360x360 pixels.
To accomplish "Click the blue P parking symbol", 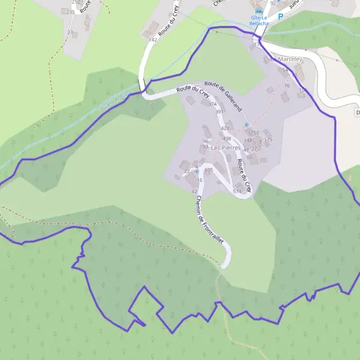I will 280,17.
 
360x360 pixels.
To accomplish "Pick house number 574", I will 237,191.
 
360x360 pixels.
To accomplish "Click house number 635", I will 209,170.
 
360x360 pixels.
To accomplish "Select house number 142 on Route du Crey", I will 152,40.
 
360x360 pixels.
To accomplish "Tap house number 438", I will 227,139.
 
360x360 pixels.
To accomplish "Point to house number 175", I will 268,139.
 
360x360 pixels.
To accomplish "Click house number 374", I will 212,104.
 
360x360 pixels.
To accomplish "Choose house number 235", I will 71,12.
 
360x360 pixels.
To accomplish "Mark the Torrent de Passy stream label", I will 115,97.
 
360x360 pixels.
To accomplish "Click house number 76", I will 287,86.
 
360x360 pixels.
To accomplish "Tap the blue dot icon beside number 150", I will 247,125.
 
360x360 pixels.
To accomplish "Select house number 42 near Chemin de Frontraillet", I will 194,191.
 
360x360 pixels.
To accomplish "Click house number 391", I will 219,112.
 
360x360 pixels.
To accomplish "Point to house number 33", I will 70,32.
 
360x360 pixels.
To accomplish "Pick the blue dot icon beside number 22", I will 196,171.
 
